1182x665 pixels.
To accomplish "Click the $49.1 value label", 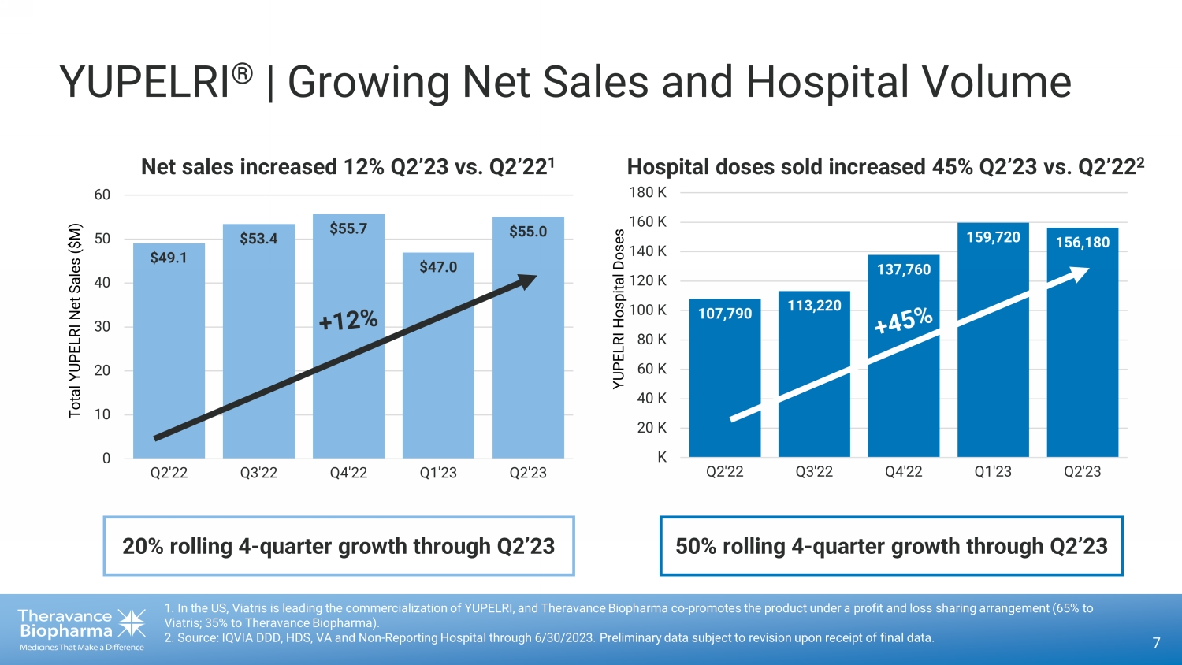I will [169, 258].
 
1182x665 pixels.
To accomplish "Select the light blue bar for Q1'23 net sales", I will [438, 370].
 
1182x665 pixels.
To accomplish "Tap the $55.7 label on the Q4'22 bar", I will [348, 228].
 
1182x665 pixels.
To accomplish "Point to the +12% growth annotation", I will [348, 320].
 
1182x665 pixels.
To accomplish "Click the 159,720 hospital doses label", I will [993, 237].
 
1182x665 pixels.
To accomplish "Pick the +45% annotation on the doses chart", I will [904, 320].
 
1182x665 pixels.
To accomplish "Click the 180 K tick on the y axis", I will [648, 192].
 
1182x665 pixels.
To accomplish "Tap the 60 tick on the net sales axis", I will [102, 195].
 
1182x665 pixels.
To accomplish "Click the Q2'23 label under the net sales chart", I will [528, 473].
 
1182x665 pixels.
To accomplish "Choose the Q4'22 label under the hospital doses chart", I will [903, 471].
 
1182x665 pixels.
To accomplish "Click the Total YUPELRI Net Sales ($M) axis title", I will [76, 321].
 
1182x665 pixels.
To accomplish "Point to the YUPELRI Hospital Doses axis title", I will [619, 309].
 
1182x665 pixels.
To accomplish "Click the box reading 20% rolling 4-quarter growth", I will [339, 546].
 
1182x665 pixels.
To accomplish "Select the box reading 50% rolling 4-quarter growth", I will [891, 546].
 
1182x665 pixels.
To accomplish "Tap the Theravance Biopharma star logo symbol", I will [131, 623].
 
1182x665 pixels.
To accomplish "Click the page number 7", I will [1156, 643].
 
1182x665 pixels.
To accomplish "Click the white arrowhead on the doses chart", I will [1078, 274].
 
